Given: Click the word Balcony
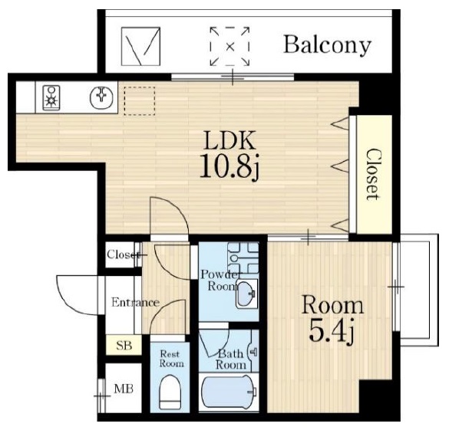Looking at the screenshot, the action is (327, 45).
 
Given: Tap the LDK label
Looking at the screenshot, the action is (229, 140).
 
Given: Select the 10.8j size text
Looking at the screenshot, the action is (229, 166).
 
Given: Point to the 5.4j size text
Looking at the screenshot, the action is (332, 330).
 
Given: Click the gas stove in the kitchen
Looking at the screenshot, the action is (51, 98).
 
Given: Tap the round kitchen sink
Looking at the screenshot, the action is (101, 97).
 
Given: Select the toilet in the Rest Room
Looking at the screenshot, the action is (170, 392).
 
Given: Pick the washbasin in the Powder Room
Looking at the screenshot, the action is (246, 294).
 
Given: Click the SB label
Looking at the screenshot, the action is (124, 346).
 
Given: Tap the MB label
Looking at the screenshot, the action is (124, 389).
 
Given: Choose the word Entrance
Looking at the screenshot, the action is (135, 303).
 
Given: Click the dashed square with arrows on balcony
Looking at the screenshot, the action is (229, 46).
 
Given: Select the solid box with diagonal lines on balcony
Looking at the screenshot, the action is (140, 46).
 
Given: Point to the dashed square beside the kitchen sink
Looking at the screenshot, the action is (140, 101).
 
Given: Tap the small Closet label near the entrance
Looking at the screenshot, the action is (123, 254).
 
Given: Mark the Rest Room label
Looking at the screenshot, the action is (172, 359).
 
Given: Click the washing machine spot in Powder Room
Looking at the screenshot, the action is (243, 258).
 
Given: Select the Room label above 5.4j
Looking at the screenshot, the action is (333, 305).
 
